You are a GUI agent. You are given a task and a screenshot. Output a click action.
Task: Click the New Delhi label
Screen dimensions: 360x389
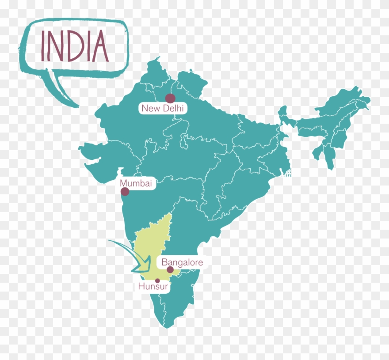coord(162,108)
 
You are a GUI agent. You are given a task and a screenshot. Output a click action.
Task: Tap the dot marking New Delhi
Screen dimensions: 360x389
coord(170,99)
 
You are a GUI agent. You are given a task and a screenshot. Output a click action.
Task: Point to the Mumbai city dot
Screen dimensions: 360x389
coord(125,191)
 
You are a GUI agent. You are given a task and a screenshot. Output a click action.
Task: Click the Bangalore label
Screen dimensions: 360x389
coord(182,262)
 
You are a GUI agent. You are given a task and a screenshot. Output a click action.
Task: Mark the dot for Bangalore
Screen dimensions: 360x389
coord(170,269)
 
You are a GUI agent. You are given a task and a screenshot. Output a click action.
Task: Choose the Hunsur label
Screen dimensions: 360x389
coord(153,286)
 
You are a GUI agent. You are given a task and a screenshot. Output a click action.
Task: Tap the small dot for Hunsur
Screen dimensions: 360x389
coord(157,280)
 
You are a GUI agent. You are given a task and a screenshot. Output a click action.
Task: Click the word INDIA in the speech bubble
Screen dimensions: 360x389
coord(75,46)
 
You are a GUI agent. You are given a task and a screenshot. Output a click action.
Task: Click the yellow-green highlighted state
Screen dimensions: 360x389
coord(153,239)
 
